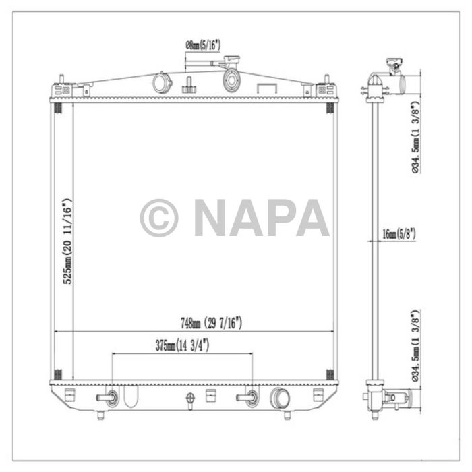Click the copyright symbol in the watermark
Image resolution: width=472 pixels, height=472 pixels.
tap(159, 218)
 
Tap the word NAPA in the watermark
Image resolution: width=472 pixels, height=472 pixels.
tap(262, 218)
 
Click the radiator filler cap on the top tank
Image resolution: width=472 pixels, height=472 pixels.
tap(233, 78)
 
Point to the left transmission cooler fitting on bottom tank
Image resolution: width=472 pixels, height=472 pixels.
tap(111, 397)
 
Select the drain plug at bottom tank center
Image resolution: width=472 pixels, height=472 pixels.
tap(191, 400)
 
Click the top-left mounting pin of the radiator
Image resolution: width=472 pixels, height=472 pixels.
tap(61, 79)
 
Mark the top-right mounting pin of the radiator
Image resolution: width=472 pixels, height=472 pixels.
tap(327, 79)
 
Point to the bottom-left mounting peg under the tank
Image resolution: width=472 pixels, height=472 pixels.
tap(101, 415)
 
